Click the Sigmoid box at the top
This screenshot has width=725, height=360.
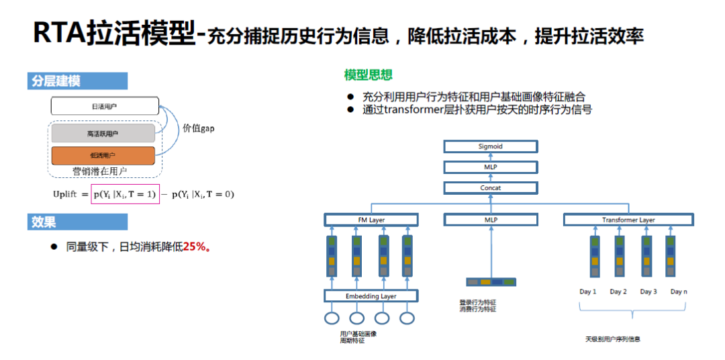pos(490,146)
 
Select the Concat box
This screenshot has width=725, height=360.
pos(490,188)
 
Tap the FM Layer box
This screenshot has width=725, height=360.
pos(371,220)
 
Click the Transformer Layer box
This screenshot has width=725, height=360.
pos(628,220)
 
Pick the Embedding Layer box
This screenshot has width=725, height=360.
pos(371,296)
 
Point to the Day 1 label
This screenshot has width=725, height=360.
pos(588,291)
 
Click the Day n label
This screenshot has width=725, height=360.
pos(679,291)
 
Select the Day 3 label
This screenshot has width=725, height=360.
pos(648,291)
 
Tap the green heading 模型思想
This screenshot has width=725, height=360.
pos(368,75)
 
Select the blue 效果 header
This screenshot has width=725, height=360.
pos(44,222)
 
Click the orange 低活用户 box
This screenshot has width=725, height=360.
pos(103,155)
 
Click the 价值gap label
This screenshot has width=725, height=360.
pos(199,128)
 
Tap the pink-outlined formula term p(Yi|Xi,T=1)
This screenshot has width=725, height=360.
pos(125,194)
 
